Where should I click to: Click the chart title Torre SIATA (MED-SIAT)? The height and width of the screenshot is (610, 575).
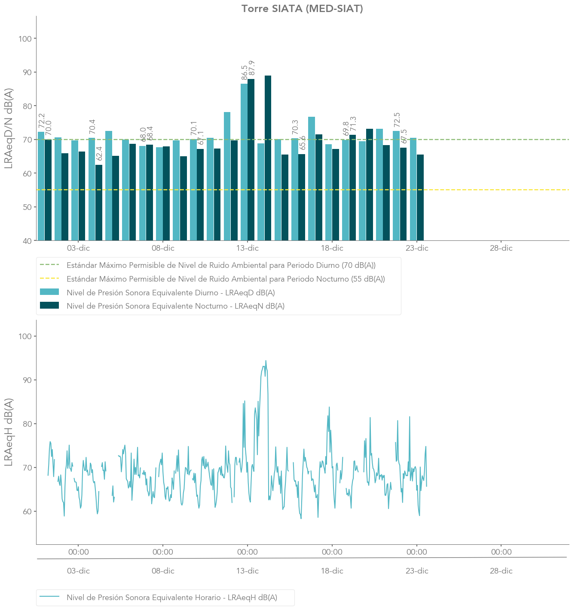tap(302, 9)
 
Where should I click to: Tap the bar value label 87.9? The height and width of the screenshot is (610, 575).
tap(252, 69)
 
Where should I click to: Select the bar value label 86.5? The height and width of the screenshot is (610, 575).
tap(245, 73)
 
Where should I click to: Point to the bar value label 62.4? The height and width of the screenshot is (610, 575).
tap(99, 154)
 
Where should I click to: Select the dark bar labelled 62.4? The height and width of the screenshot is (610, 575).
tap(99, 203)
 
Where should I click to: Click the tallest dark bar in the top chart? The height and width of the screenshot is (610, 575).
tap(268, 158)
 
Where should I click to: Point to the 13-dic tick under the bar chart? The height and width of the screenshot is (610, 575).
tap(248, 248)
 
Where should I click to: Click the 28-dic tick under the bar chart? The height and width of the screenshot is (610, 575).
tap(501, 248)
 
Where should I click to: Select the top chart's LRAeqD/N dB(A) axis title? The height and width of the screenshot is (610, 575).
tap(9, 128)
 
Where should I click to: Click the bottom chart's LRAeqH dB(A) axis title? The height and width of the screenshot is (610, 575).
tap(9, 432)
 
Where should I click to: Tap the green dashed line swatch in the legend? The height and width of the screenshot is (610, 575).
tap(49, 265)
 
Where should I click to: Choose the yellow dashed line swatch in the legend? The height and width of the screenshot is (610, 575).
tap(49, 279)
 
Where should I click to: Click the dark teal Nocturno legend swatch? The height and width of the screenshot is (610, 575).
tap(49, 306)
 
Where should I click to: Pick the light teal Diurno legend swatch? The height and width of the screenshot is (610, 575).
tap(49, 292)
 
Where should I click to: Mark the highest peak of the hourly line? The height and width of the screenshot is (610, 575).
tap(266, 361)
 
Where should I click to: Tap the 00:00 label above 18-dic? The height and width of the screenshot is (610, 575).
tap(332, 552)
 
